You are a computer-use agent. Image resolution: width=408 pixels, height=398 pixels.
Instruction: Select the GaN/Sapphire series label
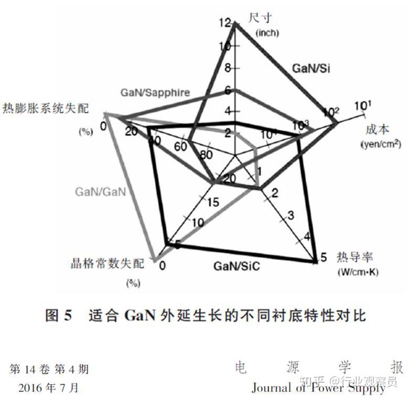click(x=155, y=92)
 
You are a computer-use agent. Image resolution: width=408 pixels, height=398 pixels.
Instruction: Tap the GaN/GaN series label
click(x=100, y=191)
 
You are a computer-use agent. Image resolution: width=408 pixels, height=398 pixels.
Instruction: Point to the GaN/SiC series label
click(x=237, y=266)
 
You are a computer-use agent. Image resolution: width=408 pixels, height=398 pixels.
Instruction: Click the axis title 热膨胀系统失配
click(x=45, y=109)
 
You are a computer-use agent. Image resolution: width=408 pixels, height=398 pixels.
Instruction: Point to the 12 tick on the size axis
click(x=225, y=23)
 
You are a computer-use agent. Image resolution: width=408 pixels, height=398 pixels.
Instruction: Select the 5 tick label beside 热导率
click(x=324, y=257)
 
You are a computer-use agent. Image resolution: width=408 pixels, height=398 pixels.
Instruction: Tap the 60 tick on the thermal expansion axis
click(x=180, y=147)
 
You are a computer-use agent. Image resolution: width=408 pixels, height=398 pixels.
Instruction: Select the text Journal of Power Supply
click(x=318, y=388)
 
